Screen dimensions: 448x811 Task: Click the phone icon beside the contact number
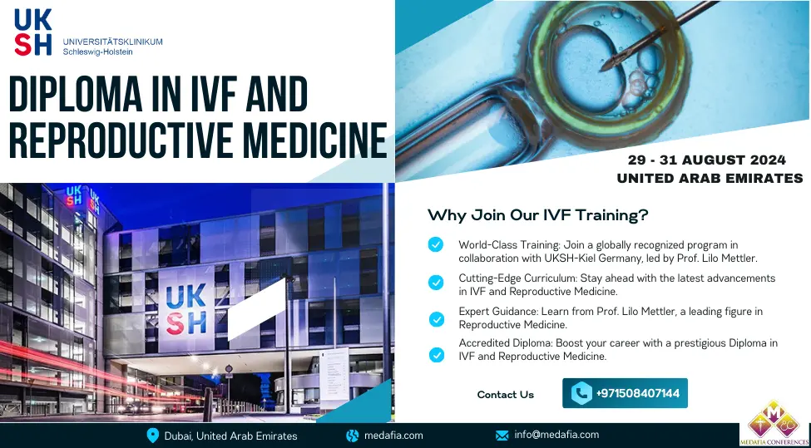pos(581,393)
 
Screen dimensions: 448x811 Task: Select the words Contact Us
pos(506,395)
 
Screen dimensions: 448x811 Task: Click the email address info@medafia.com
pos(556,435)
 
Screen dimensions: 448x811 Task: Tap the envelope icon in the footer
pos(502,436)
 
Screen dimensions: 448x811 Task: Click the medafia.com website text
pos(393,435)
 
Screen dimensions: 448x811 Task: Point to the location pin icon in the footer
pos(152,436)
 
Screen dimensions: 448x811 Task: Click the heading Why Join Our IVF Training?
pos(537,215)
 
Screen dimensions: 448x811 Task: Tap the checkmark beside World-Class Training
pos(436,244)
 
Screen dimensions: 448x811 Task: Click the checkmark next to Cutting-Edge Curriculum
pos(436,283)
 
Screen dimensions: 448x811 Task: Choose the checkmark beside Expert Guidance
pos(436,319)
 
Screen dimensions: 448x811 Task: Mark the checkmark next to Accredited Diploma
pos(436,355)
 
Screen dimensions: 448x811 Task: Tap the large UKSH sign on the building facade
pos(186,309)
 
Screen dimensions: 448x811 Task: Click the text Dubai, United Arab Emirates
pos(230,436)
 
